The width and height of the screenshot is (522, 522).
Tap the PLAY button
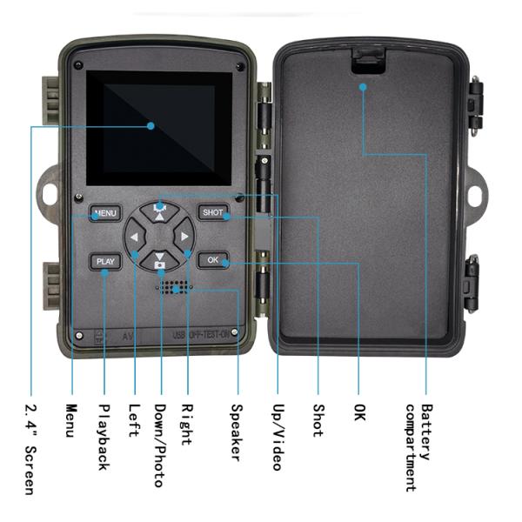click(x=105, y=261)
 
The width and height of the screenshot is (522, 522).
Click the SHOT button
click(x=212, y=212)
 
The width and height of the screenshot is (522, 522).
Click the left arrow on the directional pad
click(x=136, y=236)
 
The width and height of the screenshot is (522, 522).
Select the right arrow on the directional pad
click(x=184, y=236)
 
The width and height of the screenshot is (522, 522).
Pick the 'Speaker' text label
click(x=236, y=432)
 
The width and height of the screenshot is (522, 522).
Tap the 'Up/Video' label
click(x=277, y=436)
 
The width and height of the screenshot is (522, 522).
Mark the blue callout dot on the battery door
click(x=362, y=85)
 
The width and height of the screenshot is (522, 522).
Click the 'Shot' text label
click(x=318, y=419)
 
